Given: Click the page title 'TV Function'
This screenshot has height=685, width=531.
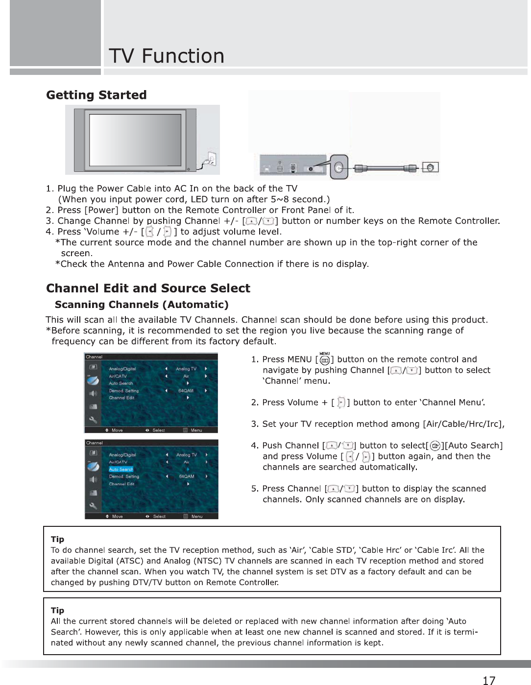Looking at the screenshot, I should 167,56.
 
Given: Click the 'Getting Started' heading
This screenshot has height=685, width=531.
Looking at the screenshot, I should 97,95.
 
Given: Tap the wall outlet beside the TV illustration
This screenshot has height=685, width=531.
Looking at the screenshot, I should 212,159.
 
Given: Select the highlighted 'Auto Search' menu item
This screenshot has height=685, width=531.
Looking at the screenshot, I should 121,469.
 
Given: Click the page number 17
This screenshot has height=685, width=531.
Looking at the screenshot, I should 488,680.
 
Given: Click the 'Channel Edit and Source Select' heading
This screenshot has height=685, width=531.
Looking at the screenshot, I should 148,288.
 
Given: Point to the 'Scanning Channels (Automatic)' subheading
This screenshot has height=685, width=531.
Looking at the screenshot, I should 142,305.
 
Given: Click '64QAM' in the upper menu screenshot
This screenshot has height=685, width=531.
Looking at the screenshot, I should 185,391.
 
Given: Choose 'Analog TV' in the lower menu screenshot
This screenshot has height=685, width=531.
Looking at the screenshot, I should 186,455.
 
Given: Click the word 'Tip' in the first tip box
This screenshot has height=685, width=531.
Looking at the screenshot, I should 57,539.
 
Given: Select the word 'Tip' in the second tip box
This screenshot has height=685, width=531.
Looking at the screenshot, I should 57,610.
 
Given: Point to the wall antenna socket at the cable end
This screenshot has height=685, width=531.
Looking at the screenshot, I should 430,167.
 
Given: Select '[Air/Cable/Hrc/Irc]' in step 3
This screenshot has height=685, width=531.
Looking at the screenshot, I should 463,424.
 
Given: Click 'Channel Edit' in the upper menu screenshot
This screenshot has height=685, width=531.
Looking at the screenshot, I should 121,398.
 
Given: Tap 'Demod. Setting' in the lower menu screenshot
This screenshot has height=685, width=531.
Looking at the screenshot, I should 124,476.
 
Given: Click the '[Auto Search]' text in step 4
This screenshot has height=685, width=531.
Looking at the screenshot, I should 473,446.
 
